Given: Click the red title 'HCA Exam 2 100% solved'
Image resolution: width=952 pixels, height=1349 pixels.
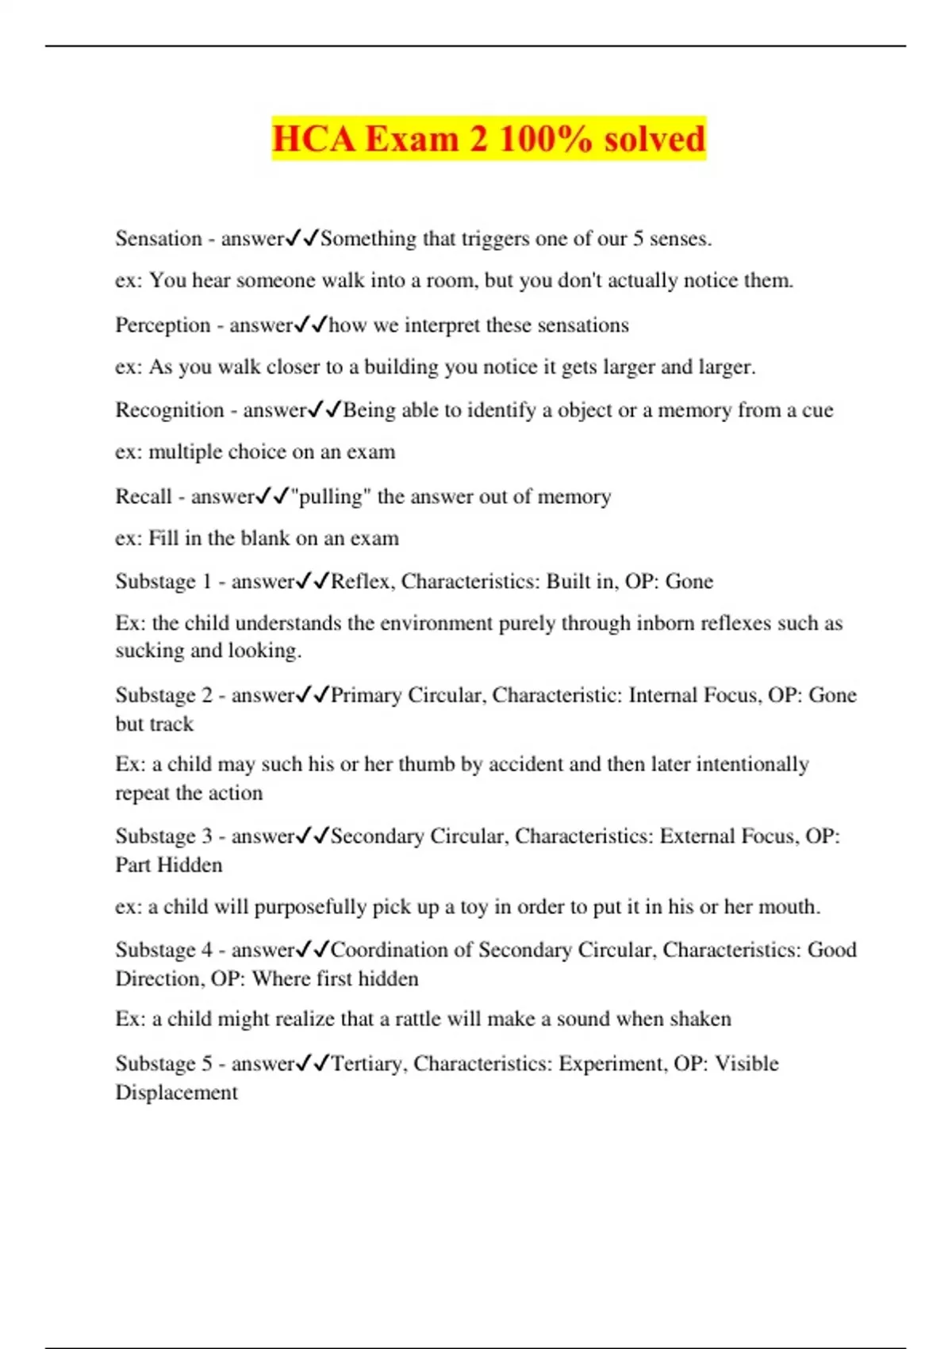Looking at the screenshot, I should click(488, 139).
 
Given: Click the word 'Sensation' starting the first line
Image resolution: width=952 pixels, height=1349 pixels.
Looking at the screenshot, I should click(159, 239).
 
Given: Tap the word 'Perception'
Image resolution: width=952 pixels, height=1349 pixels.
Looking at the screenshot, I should click(163, 325).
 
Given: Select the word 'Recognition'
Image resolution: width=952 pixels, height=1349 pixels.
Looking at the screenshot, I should click(170, 410).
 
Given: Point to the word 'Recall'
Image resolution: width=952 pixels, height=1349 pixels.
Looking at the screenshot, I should click(144, 497).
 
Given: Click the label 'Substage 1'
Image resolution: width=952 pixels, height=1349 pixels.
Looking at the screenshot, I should click(163, 582).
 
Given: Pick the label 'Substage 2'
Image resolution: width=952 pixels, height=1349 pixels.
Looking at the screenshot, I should click(163, 695).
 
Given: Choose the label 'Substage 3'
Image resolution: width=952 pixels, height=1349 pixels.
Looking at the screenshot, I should click(163, 836).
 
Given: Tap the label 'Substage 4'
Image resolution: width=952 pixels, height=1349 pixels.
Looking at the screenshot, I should click(163, 950).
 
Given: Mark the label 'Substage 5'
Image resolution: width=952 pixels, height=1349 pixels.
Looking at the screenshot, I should click(163, 1063).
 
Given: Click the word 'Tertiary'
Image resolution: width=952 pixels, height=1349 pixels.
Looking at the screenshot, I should click(368, 1063).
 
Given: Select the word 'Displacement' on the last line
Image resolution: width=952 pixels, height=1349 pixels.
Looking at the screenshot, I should click(176, 1093).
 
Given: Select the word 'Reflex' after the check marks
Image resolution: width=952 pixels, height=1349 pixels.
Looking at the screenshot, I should click(360, 582).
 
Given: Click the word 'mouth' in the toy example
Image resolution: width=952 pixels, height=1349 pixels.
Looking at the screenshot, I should click(789, 907).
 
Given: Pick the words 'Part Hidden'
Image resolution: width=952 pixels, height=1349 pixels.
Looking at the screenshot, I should click(169, 865).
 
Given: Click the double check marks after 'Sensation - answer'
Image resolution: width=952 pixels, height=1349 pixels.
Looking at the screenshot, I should click(302, 238).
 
